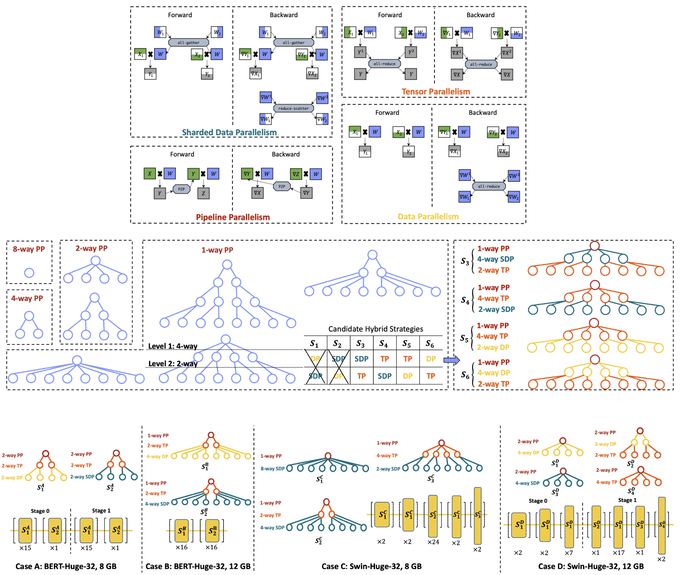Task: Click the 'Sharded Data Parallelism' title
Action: point(229,132)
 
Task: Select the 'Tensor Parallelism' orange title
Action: point(435,92)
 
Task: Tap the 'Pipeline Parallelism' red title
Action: point(233,217)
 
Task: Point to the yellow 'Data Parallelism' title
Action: point(428,216)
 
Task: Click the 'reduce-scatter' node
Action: point(293,108)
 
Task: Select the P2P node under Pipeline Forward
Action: point(182,189)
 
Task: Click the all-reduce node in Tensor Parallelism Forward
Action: point(384,64)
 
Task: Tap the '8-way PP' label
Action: point(29,249)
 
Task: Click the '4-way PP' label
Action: point(27,298)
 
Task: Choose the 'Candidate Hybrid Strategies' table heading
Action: point(375,329)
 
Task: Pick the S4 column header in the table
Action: point(383,344)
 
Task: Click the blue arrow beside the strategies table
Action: point(451,360)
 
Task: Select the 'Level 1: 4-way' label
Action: point(173,346)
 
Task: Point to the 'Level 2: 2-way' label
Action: point(173,364)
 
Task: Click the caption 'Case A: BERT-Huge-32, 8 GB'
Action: point(66,566)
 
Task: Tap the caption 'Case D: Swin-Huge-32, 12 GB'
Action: point(591,566)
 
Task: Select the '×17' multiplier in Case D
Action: point(618,553)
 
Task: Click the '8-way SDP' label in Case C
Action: point(272,469)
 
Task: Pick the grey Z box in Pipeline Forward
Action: point(203,193)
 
